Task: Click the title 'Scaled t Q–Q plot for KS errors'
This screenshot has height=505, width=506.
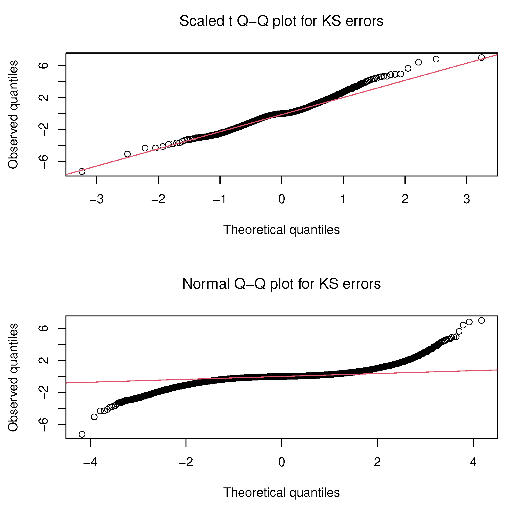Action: [x=281, y=21]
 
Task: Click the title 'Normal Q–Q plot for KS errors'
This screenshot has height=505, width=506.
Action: [x=281, y=284]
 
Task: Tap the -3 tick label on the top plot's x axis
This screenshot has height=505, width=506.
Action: [x=97, y=199]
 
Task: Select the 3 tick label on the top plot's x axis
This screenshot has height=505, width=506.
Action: [x=466, y=199]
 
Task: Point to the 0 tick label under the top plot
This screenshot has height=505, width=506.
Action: [x=282, y=199]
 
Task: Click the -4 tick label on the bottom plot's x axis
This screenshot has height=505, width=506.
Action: [x=90, y=462]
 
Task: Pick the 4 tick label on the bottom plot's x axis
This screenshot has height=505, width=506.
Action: [x=473, y=462]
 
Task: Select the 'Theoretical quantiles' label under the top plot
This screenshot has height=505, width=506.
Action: [x=281, y=230]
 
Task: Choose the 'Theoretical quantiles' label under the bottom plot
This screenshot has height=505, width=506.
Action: [x=281, y=492]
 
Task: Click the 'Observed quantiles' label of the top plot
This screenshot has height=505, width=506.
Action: [x=13, y=115]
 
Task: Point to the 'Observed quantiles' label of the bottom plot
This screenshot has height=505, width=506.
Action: [x=13, y=377]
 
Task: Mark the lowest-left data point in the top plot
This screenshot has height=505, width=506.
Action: [x=82, y=171]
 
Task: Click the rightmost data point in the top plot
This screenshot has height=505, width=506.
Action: [x=481, y=58]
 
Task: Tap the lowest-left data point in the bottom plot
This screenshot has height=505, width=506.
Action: [x=82, y=435]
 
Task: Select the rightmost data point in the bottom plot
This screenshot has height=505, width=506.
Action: [x=481, y=320]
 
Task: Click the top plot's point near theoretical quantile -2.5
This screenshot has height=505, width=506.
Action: [x=127, y=154]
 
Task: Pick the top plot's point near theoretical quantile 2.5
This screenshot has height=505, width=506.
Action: [x=436, y=59]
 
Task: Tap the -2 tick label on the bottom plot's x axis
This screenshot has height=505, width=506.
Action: [x=186, y=462]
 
